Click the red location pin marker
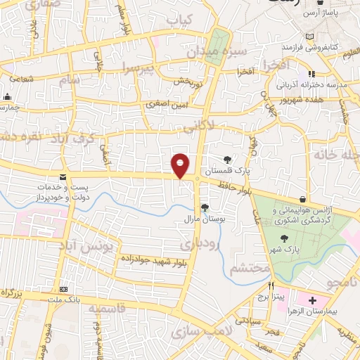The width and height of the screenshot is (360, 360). tap(181, 165)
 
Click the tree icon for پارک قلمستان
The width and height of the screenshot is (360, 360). tap(227, 160)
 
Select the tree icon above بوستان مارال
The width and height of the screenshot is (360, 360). tap(204, 207)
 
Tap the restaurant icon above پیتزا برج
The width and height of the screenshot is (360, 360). tap(271, 286)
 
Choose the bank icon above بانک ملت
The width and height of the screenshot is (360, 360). tap(65, 289)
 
